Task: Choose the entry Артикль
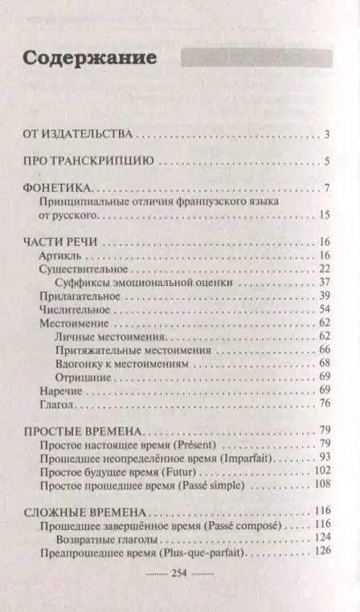pos(56,255)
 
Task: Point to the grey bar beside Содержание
pos(256,59)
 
